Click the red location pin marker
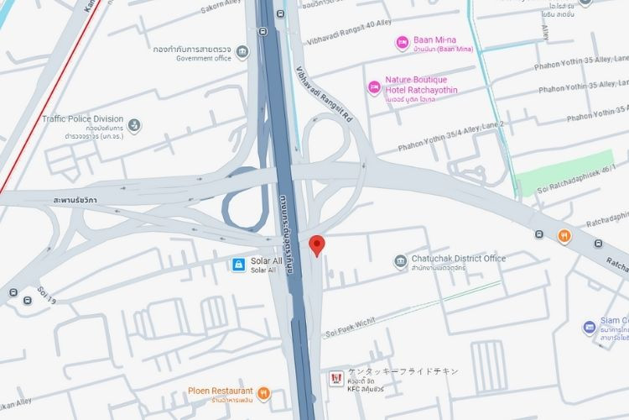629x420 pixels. (317, 245)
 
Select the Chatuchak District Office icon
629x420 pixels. (400, 262)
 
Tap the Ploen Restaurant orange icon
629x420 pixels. (264, 391)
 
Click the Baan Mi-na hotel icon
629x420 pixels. (402, 41)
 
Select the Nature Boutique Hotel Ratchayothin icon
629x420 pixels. (374, 86)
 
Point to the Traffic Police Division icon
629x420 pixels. (134, 125)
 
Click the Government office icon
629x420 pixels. (242, 54)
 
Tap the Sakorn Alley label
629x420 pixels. (221, 8)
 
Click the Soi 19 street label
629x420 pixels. (46, 297)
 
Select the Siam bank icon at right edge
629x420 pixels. (588, 326)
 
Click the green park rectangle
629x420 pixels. (568, 172)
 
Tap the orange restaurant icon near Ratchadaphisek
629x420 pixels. (565, 235)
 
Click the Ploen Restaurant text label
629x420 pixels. (221, 391)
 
